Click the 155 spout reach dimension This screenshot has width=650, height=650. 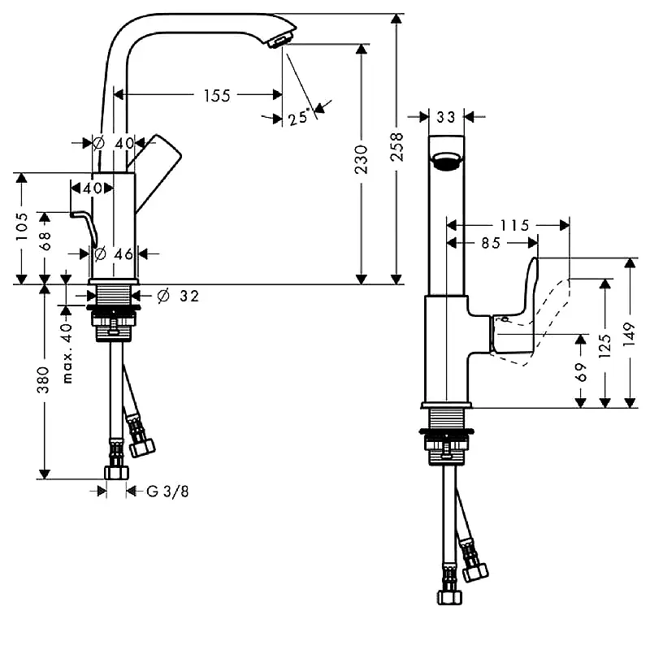(x=217, y=96)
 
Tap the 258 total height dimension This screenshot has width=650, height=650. (x=397, y=147)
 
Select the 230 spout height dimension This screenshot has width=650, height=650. (x=361, y=159)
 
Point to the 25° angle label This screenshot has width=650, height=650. (x=299, y=117)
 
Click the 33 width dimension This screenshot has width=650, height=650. (x=446, y=117)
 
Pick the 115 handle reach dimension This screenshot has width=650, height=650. (x=515, y=226)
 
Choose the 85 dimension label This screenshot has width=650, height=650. (x=492, y=243)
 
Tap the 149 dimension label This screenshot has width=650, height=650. (x=629, y=334)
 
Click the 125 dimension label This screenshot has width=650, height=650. (x=605, y=346)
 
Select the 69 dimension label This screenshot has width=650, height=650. (x=581, y=372)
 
